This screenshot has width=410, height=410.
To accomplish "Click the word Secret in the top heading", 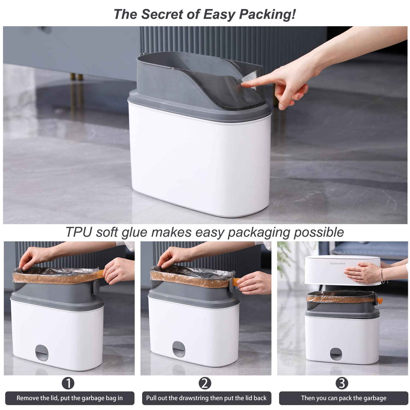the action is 162,14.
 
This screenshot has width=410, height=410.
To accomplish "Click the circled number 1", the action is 68,383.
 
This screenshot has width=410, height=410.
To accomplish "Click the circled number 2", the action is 205,383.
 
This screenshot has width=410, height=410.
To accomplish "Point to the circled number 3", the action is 342,383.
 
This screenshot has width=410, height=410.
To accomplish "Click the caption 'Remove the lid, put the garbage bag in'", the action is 70,398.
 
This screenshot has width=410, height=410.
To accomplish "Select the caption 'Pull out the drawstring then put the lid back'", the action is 206,398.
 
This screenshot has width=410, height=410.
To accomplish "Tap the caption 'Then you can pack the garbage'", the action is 344,398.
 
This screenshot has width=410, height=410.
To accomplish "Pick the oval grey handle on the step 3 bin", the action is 335,354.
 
